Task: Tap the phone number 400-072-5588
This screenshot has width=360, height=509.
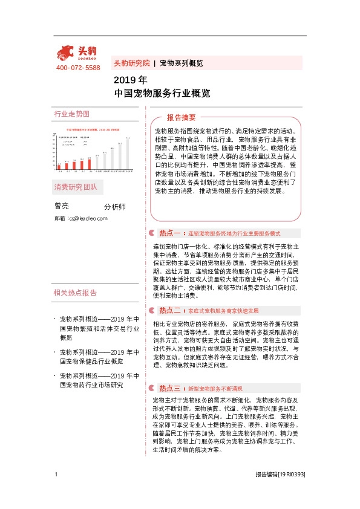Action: (78, 68)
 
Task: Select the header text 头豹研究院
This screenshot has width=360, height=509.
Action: (131, 63)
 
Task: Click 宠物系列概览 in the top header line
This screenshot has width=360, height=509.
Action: (181, 63)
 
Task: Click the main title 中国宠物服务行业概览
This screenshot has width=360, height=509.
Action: (162, 94)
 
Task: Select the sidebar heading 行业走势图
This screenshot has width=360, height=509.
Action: (72, 114)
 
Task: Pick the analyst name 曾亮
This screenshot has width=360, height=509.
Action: (61, 206)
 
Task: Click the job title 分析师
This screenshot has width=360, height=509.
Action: (115, 207)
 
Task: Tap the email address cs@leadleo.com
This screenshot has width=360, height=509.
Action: (88, 218)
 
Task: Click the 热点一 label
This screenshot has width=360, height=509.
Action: (170, 233)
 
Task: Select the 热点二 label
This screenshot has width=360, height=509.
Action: (170, 310)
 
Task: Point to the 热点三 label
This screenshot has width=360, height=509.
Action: (170, 388)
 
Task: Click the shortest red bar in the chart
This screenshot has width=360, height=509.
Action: (59, 166)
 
